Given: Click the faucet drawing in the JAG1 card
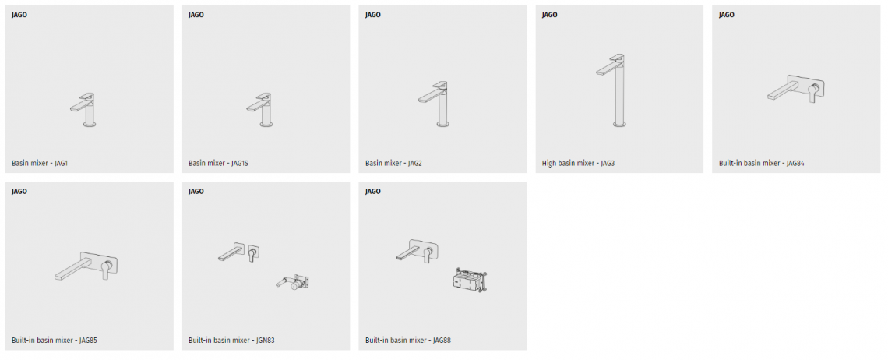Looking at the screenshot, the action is pos(88,111).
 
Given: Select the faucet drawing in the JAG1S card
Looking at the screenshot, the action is pos(265,111).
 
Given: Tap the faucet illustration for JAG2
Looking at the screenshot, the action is pos(439,104).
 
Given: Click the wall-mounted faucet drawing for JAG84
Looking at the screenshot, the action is pos(795,90).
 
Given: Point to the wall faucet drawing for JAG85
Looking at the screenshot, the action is pos(86,266).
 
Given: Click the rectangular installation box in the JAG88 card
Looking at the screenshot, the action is pos(470,280).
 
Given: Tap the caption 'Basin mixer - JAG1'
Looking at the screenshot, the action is pos(40,164).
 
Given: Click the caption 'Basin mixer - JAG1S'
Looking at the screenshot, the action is pos(218,164).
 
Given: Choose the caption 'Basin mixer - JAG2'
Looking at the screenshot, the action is pos(393,164).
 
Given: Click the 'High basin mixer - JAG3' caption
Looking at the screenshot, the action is pos(578,164).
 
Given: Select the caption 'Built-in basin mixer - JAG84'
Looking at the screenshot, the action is pos(761,164).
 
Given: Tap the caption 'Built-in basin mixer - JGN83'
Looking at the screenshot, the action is pos(231,341).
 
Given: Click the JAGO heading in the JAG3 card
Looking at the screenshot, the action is pos(549,15).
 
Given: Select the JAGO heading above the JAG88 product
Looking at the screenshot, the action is pos(372,192).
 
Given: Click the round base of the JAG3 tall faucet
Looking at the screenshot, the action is pos(619,124).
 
